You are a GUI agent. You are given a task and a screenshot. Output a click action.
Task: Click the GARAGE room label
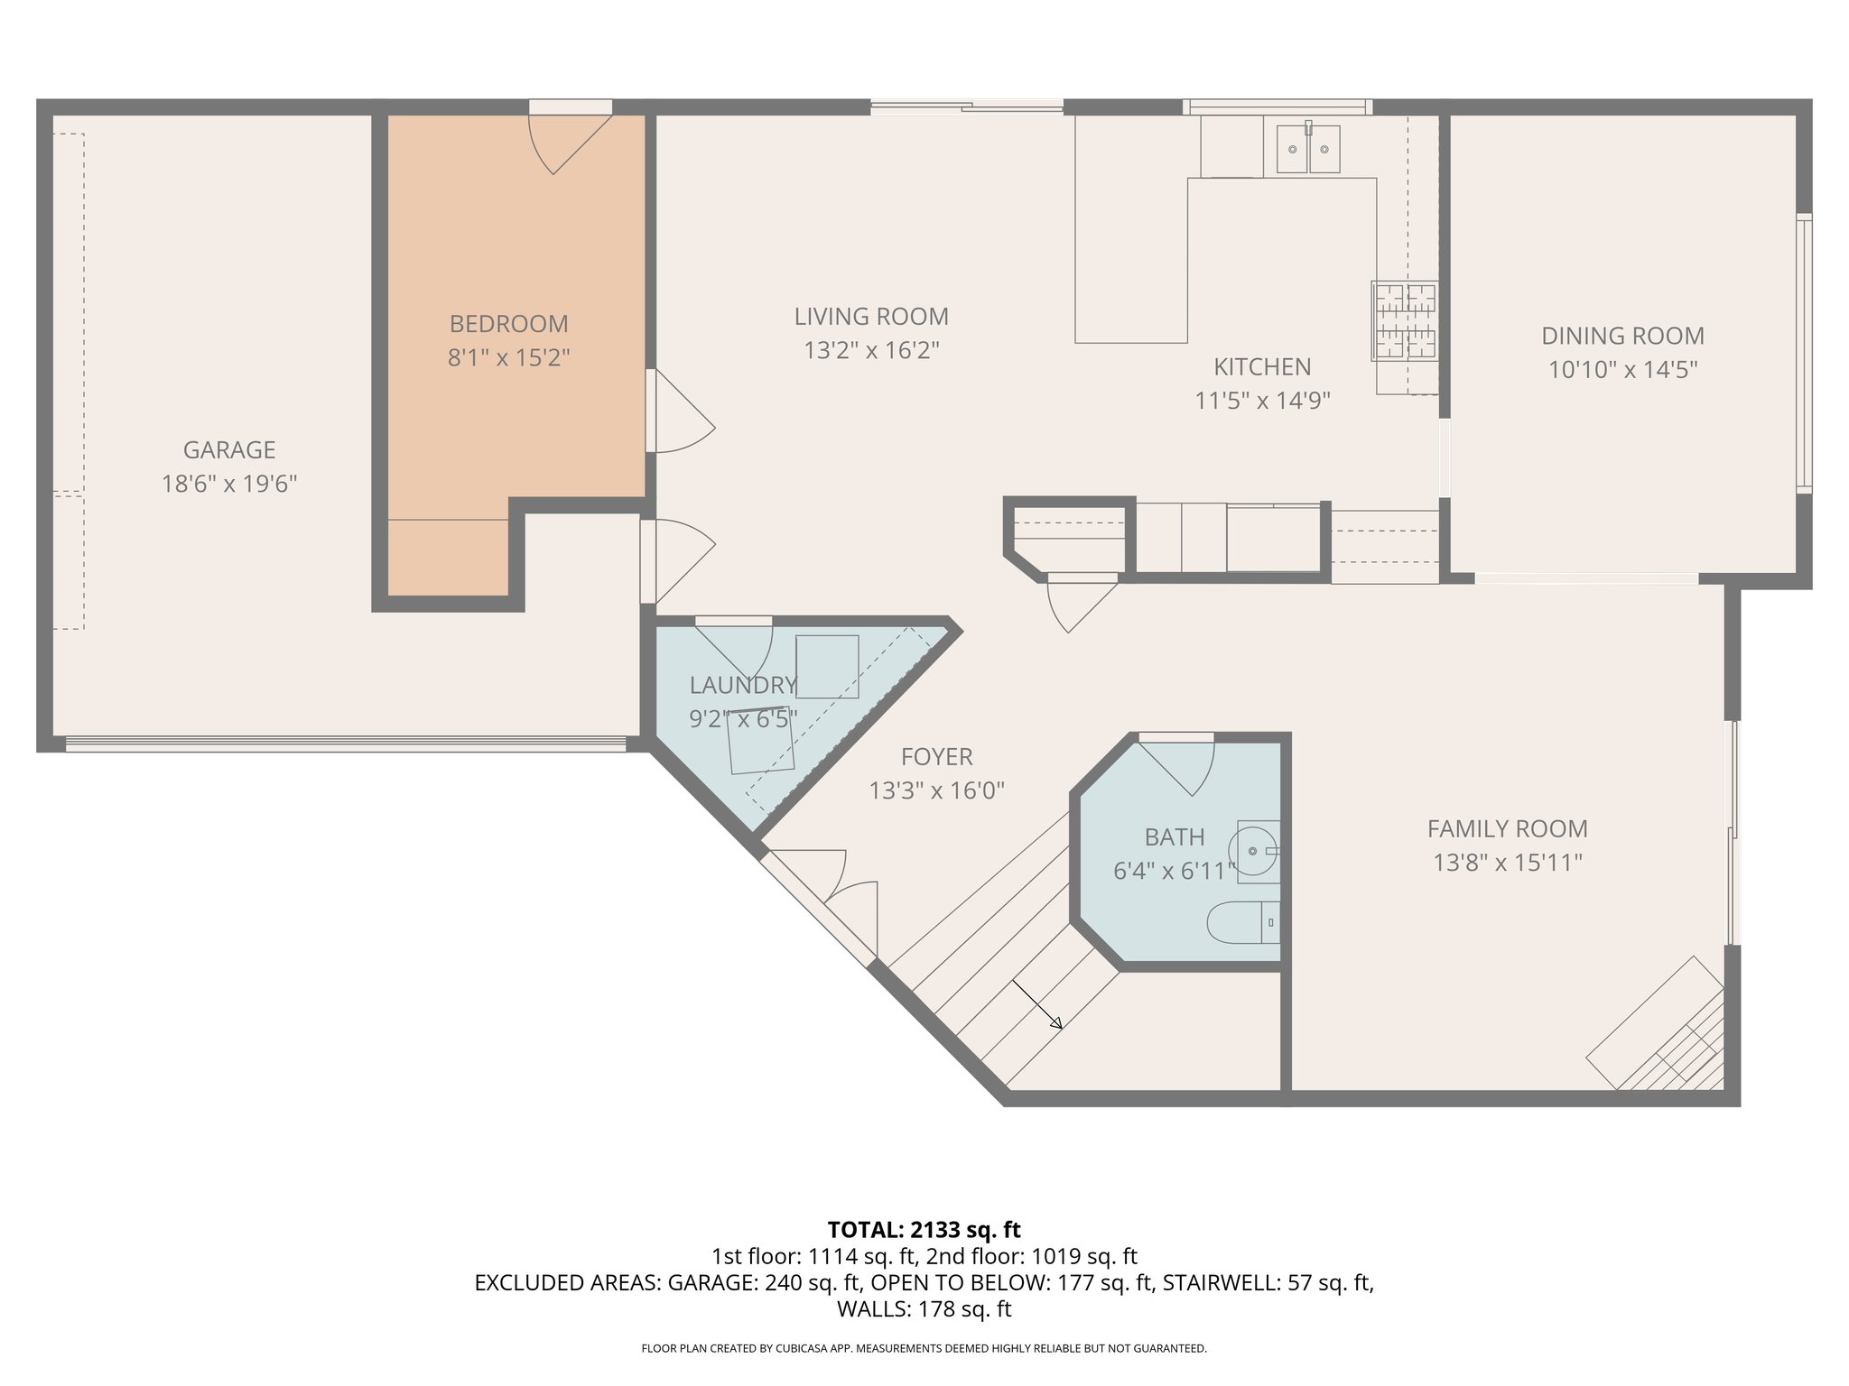coord(228,449)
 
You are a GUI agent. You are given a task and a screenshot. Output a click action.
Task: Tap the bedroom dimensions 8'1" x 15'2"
coord(508,358)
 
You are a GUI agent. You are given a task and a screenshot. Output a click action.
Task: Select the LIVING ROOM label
coord(870,317)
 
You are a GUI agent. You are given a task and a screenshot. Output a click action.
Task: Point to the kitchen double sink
coord(1307,149)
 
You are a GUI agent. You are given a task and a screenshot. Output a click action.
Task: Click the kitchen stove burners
coord(1405,320)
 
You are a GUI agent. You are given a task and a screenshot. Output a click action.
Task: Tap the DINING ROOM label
coord(1622,336)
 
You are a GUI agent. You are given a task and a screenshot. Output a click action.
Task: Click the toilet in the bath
coord(1242,921)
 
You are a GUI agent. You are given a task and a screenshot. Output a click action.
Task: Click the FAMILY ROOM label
coord(1507,828)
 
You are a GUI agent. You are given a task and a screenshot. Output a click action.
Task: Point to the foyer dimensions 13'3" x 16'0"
coord(936,791)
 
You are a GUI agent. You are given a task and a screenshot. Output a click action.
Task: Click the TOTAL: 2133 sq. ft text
coord(924,1229)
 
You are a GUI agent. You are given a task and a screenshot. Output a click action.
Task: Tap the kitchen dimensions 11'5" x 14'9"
coord(1262,401)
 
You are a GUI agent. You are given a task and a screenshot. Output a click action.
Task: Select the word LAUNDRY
coord(742,685)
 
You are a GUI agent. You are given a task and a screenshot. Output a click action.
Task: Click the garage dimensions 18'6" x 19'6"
coord(228,485)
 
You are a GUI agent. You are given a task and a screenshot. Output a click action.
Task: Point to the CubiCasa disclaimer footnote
coord(924,1348)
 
